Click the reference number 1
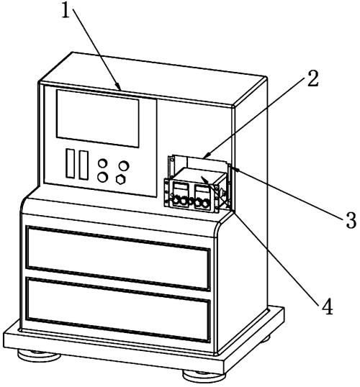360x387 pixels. click(66, 11)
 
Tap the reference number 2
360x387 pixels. click(312, 78)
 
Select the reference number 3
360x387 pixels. click(351, 220)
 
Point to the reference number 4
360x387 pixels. click(328, 306)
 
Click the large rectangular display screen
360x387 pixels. click(98, 118)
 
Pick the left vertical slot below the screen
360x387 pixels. click(70, 163)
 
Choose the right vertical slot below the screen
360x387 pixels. click(84, 165)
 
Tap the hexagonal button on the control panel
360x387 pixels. click(120, 179)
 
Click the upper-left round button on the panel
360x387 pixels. click(102, 163)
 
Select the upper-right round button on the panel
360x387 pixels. click(124, 165)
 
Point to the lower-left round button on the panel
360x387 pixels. click(102, 177)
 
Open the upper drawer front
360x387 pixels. click(118, 258)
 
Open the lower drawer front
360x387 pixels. click(118, 310)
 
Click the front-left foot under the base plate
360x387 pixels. click(39, 355)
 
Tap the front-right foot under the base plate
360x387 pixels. click(204, 376)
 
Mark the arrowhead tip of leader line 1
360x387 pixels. click(121, 91)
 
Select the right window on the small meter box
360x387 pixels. click(201, 191)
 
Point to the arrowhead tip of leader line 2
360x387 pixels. click(203, 158)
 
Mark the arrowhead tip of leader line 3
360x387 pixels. click(233, 168)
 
